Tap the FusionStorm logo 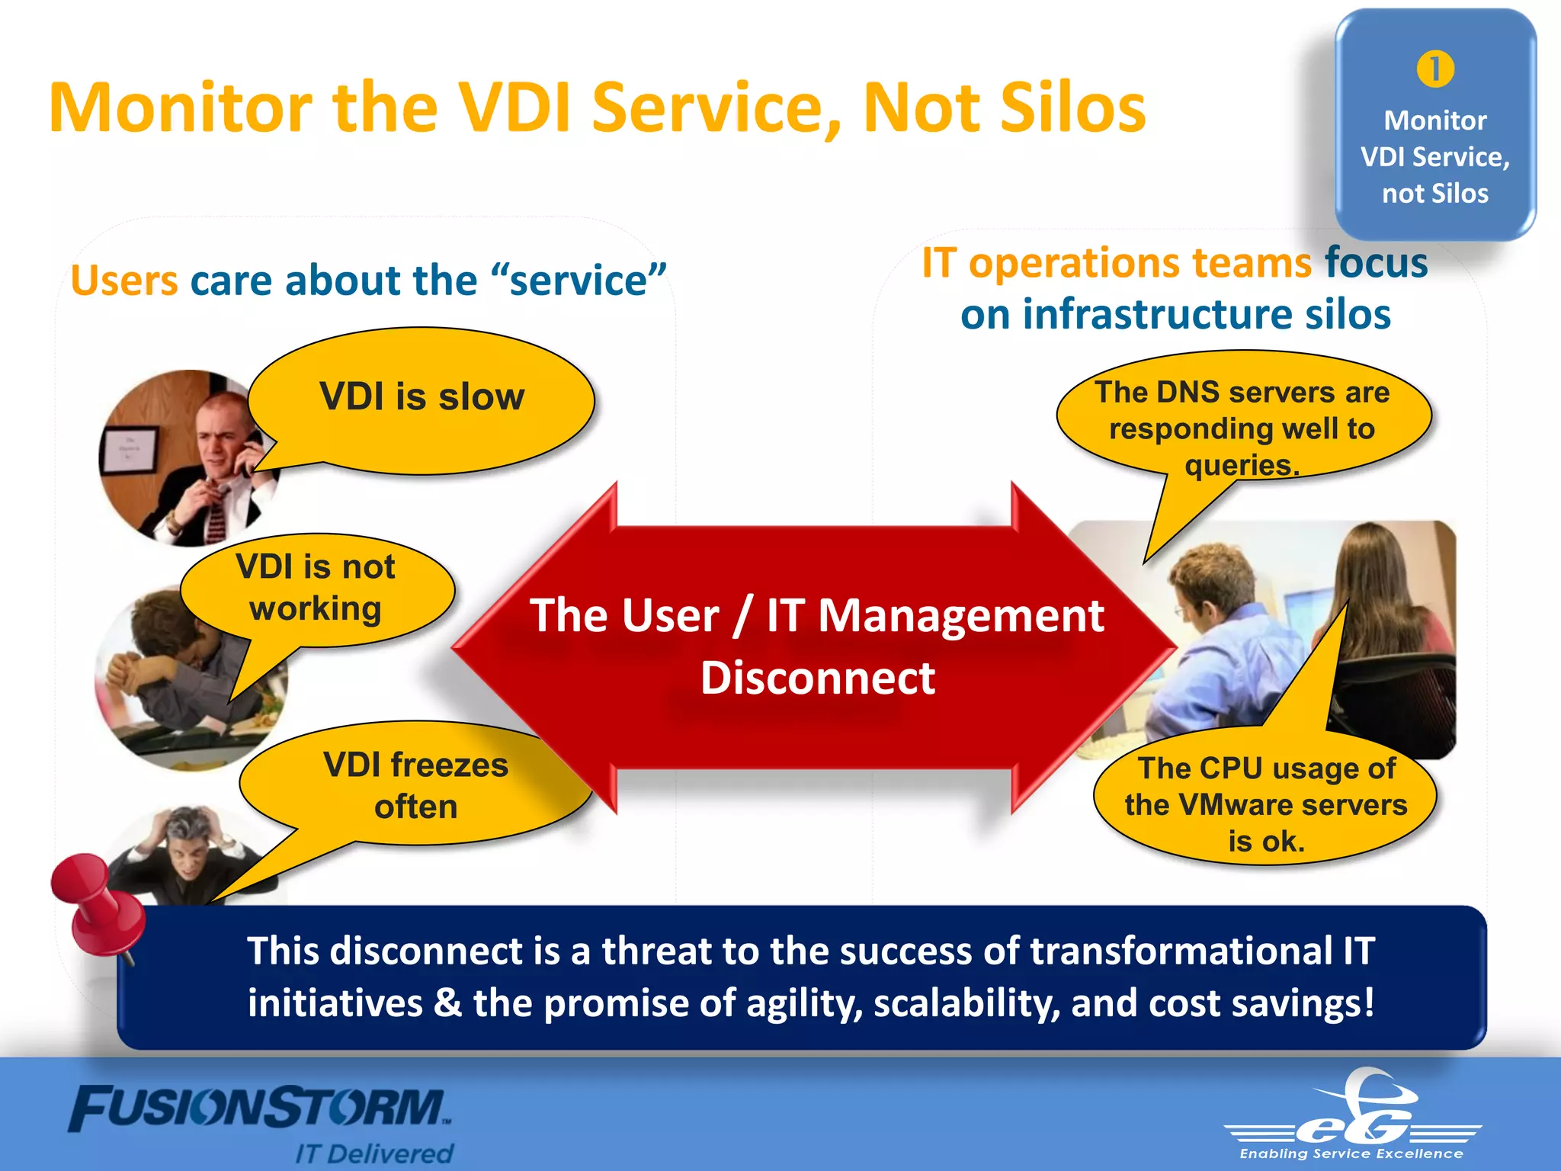[x=259, y=1109]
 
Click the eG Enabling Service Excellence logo [x=1353, y=1117]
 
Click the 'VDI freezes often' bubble [x=415, y=785]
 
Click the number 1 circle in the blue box [x=1435, y=69]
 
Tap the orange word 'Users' [x=124, y=281]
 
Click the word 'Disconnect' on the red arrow [x=817, y=679]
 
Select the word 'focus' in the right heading [x=1376, y=263]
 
